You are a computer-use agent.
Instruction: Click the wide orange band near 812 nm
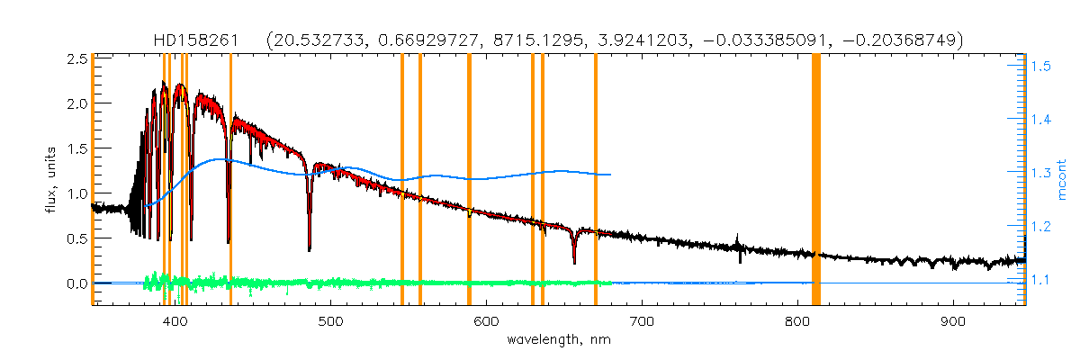coord(816,180)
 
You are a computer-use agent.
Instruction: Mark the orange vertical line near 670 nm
coord(596,180)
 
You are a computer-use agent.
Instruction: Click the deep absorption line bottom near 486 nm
coord(310,249)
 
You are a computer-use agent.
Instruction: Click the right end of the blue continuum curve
coord(611,175)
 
